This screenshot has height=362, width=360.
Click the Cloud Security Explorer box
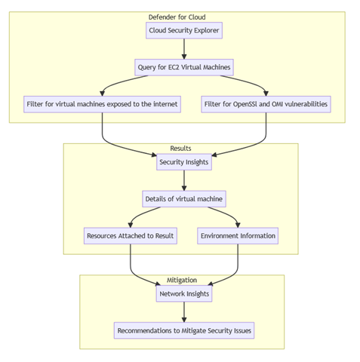point(184,31)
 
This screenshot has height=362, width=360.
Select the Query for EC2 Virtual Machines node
point(184,67)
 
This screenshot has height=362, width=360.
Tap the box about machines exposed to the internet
point(102,104)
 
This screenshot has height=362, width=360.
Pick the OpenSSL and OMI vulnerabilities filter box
point(266,104)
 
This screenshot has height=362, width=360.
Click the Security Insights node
point(184,162)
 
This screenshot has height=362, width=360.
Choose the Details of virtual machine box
point(184,199)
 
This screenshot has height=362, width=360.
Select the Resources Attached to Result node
point(130,235)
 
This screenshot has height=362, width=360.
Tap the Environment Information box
point(238,235)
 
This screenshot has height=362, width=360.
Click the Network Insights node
point(184,294)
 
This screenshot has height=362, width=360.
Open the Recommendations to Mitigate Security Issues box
point(184,330)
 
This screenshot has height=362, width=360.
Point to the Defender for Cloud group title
point(177,17)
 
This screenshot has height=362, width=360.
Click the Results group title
point(180,149)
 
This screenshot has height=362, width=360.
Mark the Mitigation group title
point(182,280)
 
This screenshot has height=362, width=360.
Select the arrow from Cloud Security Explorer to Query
point(184,49)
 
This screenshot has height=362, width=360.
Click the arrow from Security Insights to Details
point(184,181)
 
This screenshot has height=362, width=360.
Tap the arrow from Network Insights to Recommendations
point(184,312)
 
